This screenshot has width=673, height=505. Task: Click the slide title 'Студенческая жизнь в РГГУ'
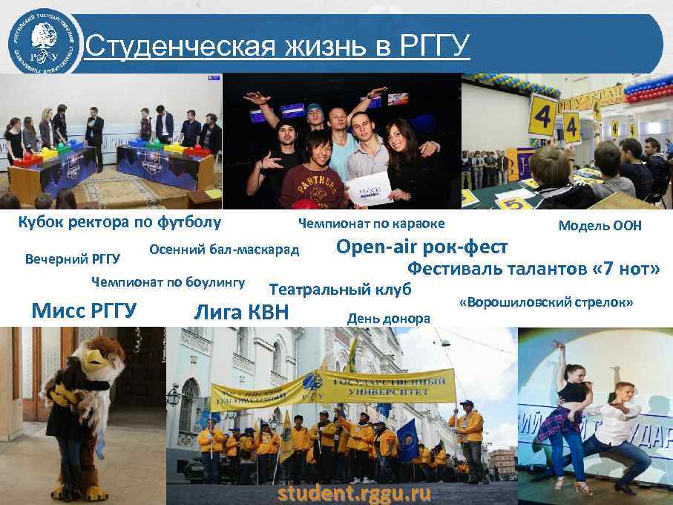[278, 46]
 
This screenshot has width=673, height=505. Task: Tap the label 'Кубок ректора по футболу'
[119, 222]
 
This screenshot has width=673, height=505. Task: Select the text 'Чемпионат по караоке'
[371, 224]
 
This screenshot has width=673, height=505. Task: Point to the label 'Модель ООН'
[600, 226]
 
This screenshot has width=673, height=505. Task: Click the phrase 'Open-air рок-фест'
[422, 246]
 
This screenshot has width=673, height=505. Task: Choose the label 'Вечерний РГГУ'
[73, 259]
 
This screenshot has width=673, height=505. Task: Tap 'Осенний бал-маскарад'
[224, 249]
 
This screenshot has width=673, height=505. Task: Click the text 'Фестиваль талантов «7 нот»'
[533, 268]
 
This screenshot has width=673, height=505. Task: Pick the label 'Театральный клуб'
[339, 288]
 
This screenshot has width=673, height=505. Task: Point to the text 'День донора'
[388, 319]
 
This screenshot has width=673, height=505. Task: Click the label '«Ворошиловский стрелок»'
[545, 303]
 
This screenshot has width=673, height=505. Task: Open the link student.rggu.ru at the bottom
[353, 493]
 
